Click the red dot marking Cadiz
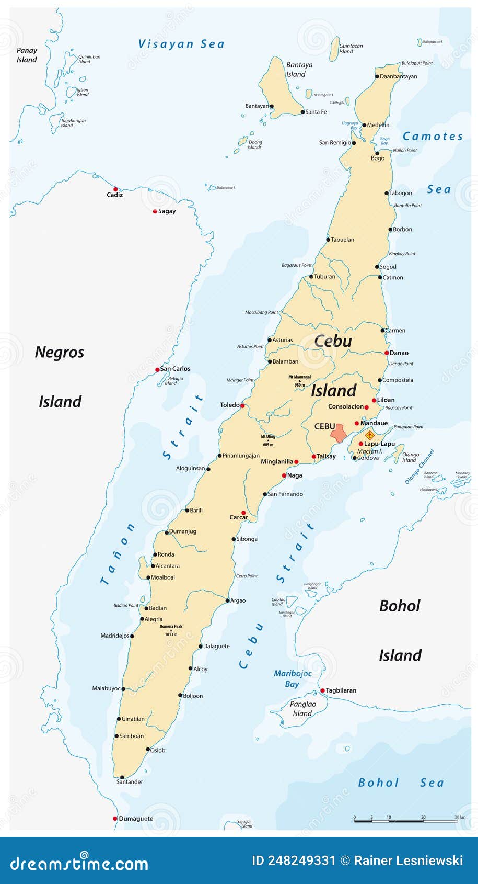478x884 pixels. [x=115, y=189]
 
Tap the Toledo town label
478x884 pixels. [x=229, y=405]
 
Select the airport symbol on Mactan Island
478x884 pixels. [x=370, y=435]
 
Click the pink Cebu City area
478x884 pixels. [x=339, y=434]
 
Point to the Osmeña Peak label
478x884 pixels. [x=171, y=627]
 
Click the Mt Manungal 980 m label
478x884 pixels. [x=299, y=380]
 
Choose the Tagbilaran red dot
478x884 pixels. [x=322, y=690]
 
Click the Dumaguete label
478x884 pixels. [x=136, y=819]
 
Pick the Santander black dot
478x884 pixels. [x=122, y=777]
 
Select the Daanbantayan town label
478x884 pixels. [x=399, y=76]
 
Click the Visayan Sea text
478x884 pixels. [x=181, y=44]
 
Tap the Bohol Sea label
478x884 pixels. [x=401, y=783]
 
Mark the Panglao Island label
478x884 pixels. [x=302, y=709]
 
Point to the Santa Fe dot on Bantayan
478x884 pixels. [x=302, y=111]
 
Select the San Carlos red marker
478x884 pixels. [x=157, y=369]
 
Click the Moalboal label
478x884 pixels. [x=162, y=577]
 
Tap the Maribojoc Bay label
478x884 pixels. [x=292, y=678]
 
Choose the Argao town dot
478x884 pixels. [x=228, y=600]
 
